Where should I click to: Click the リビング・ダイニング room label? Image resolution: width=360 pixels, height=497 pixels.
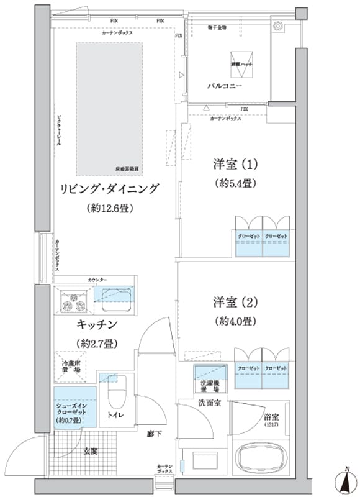(x=110, y=188)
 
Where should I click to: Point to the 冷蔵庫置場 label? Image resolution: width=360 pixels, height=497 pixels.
(x=74, y=366)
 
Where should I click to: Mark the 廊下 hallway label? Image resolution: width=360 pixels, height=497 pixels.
(x=155, y=434)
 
